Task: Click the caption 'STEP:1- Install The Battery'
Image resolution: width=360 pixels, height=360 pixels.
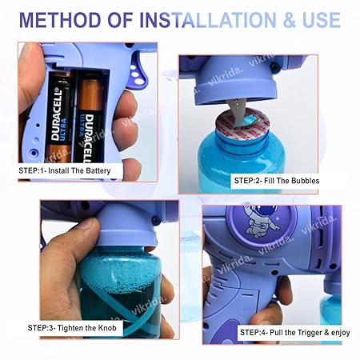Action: coord(70,171)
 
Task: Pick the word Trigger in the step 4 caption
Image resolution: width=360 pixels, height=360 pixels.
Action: coord(308,330)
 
